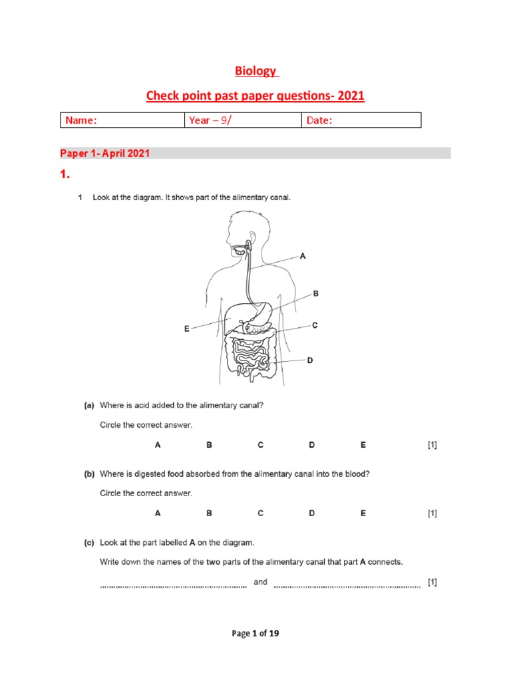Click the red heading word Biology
(255, 71)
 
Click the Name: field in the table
(122, 120)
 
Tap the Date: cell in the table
(361, 120)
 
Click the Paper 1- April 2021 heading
(105, 153)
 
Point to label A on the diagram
(303, 256)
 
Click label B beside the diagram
(316, 293)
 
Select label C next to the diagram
(315, 325)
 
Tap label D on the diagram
(309, 360)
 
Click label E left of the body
(187, 329)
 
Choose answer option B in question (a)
(209, 445)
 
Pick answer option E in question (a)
(363, 445)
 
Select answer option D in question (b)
(311, 513)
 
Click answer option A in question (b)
(158, 513)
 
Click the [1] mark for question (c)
(432, 582)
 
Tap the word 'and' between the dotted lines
(260, 582)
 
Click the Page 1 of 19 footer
(255, 633)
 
